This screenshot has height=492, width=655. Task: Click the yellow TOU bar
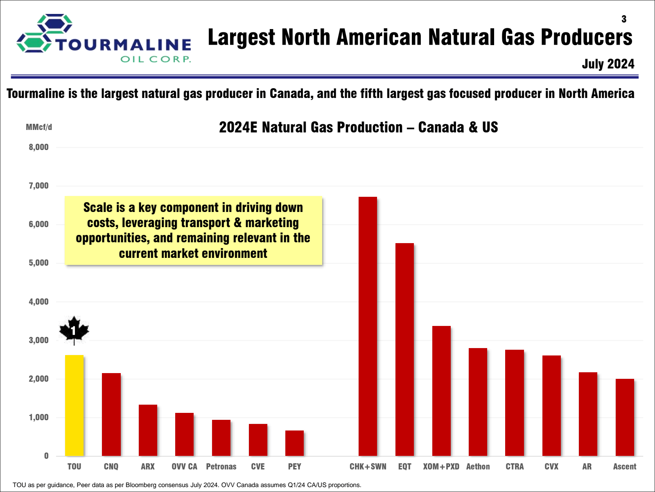[75, 405]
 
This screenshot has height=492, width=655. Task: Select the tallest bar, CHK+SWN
[368, 326]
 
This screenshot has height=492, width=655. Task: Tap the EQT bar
[404, 349]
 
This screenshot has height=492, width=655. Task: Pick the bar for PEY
[294, 443]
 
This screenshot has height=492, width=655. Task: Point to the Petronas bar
[221, 438]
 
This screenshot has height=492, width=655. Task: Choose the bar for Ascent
[625, 417]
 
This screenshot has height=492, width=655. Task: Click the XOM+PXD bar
[441, 391]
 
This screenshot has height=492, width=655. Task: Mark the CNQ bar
[111, 415]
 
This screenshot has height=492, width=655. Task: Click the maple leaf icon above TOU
[74, 330]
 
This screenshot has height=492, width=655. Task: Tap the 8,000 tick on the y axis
[38, 147]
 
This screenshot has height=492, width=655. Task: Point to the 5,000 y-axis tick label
[38, 263]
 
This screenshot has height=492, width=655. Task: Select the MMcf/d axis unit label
[39, 127]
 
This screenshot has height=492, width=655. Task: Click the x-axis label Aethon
[478, 466]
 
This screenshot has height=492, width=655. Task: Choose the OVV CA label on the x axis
[184, 466]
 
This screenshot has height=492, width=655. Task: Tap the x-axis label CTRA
[515, 466]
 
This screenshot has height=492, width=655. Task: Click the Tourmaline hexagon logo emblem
[45, 33]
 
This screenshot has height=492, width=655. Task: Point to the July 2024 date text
[608, 64]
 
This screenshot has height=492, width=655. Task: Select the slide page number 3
[623, 19]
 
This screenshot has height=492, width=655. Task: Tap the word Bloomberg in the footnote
[140, 485]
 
